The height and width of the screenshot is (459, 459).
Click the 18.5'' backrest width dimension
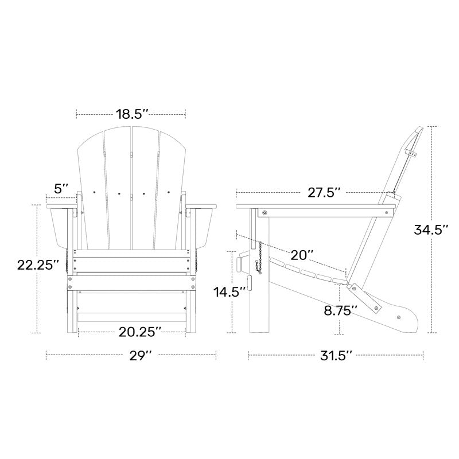pyautogui.click(x=131, y=114)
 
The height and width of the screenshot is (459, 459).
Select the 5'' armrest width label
pyautogui.click(x=61, y=188)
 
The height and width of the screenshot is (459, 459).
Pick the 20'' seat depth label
pyautogui.click(x=301, y=254)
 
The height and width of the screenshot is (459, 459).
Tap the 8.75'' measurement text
pyautogui.click(x=341, y=310)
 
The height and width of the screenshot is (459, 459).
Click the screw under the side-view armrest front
pyautogui.click(x=264, y=213)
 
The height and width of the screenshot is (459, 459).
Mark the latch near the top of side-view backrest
pyautogui.click(x=411, y=152)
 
